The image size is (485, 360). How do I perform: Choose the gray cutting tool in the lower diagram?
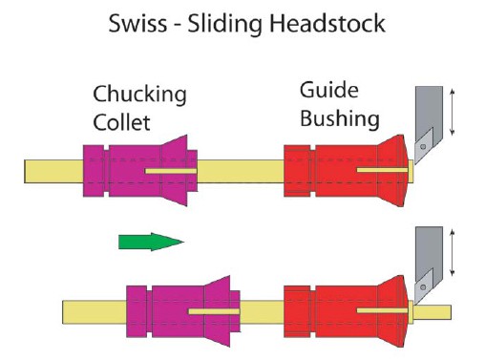click(426, 263)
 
